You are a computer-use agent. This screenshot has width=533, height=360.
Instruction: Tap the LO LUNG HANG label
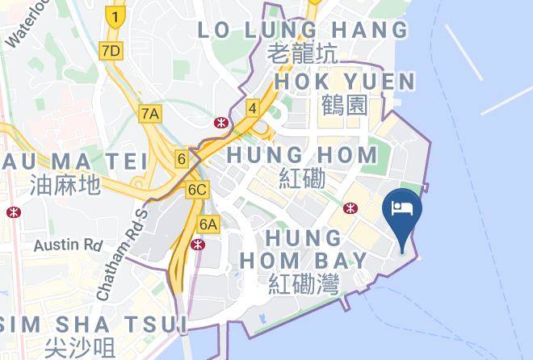click(304, 30)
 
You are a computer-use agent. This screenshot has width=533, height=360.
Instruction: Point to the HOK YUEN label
click(345, 82)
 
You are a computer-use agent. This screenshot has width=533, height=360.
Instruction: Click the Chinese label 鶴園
click(344, 105)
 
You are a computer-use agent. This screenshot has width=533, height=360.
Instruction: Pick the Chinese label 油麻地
click(65, 185)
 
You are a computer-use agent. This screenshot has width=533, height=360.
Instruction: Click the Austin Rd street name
click(69, 243)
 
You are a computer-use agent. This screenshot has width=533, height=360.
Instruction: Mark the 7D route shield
click(111, 51)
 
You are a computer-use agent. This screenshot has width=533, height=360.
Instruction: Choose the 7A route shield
click(149, 113)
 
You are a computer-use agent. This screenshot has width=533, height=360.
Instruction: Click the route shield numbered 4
click(252, 107)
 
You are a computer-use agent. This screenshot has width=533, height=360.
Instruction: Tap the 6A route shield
click(208, 224)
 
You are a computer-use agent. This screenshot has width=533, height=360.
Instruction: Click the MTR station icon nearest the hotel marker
click(349, 208)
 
